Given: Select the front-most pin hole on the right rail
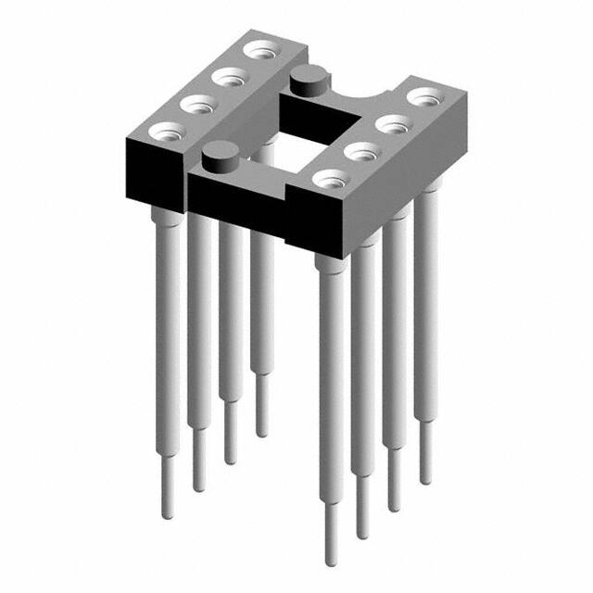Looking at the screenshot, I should click(x=330, y=177).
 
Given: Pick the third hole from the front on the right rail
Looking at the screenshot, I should click(x=393, y=120).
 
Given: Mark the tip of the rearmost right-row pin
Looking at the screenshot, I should click(x=425, y=479).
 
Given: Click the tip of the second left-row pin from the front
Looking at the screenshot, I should click(x=199, y=486).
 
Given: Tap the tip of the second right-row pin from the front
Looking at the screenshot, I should click(x=362, y=532).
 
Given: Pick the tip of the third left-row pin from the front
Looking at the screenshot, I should click(x=230, y=460).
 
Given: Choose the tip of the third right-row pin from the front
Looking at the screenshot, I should click(x=394, y=506).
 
